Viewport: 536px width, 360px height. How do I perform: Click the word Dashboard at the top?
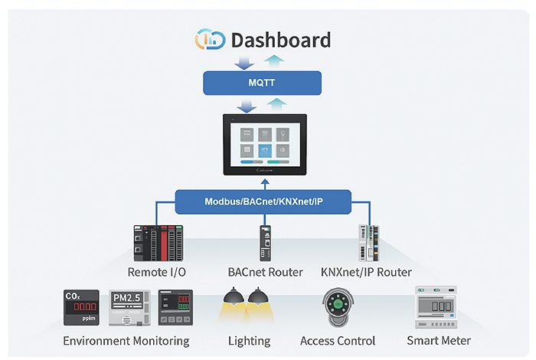tap(281, 41)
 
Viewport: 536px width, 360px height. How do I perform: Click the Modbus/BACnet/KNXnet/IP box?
tap(263, 202)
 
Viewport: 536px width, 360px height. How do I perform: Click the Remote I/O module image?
tap(157, 242)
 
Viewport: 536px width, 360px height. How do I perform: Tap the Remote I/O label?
tap(156, 272)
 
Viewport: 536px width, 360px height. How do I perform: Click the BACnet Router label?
tap(265, 272)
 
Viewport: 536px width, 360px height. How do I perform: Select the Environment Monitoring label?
tap(126, 341)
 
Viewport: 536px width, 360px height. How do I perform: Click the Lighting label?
tap(249, 341)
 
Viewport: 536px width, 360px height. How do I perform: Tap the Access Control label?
tap(338, 341)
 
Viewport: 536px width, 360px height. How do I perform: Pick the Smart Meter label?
tap(439, 341)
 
